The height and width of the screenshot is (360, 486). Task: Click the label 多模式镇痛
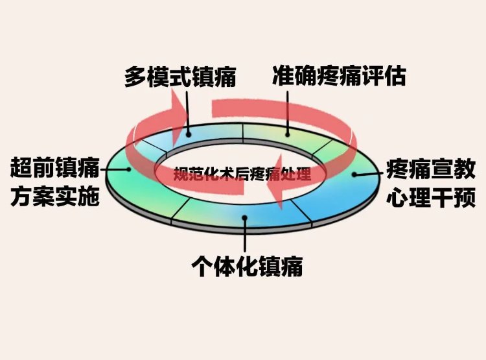[180, 77]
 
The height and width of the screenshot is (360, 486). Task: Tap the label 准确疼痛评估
[339, 75]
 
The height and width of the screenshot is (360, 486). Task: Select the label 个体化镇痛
[247, 267]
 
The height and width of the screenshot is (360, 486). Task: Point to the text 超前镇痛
[55, 168]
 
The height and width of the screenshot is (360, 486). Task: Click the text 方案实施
[55, 196]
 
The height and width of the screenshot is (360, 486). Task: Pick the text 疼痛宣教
[431, 169]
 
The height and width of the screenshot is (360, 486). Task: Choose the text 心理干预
[431, 197]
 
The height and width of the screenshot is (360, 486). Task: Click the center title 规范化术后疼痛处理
[242, 174]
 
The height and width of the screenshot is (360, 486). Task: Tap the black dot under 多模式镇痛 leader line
[189, 135]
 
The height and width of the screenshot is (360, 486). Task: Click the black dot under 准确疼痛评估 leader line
[288, 135]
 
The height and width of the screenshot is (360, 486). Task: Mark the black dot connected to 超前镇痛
[129, 169]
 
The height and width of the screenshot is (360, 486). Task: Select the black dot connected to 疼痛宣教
[354, 174]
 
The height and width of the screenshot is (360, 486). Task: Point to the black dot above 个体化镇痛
[245, 218]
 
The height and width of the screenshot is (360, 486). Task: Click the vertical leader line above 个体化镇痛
[245, 235]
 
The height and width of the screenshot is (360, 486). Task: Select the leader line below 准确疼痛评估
[288, 113]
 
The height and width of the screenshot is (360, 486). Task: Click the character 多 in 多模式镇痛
[136, 77]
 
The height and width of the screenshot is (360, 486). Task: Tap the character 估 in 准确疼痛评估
[395, 75]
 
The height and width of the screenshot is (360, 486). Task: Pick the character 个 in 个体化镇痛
[202, 267]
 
